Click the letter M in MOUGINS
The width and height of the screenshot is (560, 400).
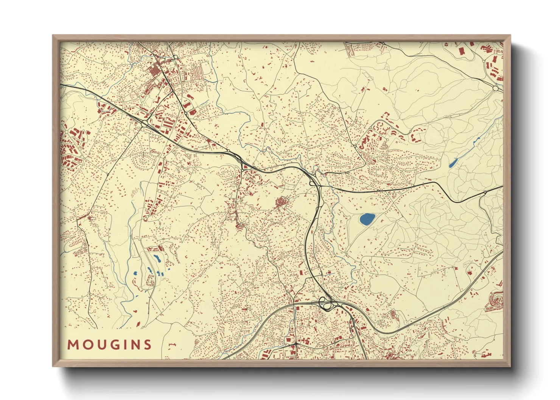73,345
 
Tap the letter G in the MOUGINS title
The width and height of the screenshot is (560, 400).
111,345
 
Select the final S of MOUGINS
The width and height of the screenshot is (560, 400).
147,345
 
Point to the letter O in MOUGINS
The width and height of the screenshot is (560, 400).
86,345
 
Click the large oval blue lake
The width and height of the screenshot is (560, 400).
367,219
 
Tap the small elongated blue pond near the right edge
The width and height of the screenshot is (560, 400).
453,163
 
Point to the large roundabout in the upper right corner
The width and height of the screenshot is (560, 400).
496,88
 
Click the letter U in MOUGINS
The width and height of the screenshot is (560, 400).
98,345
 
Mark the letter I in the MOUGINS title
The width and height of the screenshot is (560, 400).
123,345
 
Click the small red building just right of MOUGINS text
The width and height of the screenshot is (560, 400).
173,344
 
